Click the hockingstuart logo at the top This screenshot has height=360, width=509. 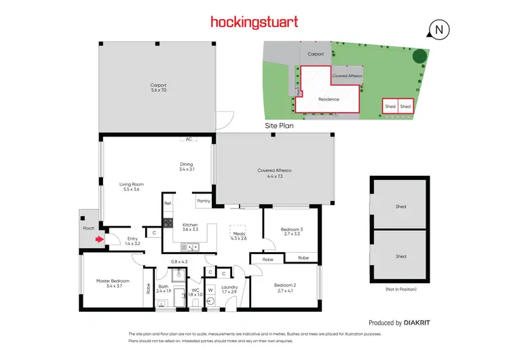pyautogui.click(x=254, y=22)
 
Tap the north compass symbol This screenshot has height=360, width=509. pyautogui.click(x=440, y=29)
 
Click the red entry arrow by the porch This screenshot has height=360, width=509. pyautogui.click(x=100, y=238)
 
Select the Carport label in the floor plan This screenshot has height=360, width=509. pyautogui.click(x=158, y=88)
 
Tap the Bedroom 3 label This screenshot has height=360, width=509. pyautogui.click(x=291, y=232)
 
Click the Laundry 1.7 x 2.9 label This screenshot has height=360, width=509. pyautogui.click(x=229, y=289)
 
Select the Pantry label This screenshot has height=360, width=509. pyautogui.click(x=203, y=201)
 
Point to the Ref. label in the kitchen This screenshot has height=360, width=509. pyautogui.click(x=168, y=202)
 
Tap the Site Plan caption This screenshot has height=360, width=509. pyautogui.click(x=278, y=126)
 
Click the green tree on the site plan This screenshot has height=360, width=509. pyautogui.click(x=421, y=57)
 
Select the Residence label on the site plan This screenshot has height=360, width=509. pyautogui.click(x=328, y=99)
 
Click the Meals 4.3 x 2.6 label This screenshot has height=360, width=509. pyautogui.click(x=239, y=236)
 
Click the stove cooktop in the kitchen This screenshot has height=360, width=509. pyautogui.click(x=168, y=221)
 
